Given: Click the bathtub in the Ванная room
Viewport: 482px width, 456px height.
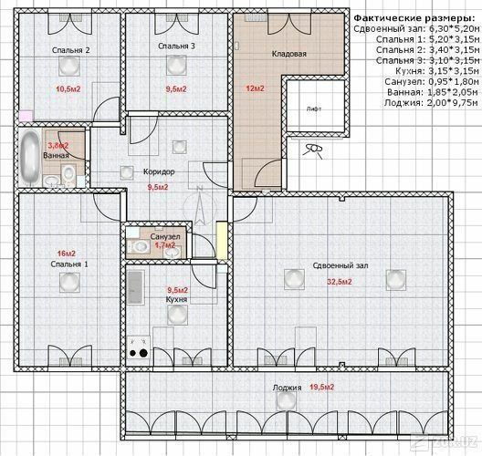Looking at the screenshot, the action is coord(30,158).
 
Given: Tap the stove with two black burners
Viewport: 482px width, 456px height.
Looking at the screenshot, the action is coord(139,347).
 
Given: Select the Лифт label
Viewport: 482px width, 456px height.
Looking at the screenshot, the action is coord(314,109).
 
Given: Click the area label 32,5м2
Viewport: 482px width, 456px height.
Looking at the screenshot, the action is coord(340,282).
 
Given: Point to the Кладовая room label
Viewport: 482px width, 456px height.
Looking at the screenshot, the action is coord(289,54).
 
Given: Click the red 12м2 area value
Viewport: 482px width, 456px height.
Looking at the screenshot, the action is coord(255,88).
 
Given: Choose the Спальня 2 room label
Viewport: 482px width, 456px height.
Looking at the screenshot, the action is coord(70,50).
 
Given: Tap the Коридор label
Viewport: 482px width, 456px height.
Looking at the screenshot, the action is coord(159,171).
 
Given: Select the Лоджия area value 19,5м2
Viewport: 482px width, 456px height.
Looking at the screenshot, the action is coord(321,387).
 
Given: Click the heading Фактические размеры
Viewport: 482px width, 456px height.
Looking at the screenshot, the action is coord(414,18).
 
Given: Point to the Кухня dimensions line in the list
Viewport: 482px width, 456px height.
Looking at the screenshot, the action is coord(436,71).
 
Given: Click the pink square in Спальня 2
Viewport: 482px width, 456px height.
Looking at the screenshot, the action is coord(26,116).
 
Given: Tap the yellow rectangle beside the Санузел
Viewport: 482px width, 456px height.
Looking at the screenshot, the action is coord(221,241).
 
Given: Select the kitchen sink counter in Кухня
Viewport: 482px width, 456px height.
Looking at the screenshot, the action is coord(135,288).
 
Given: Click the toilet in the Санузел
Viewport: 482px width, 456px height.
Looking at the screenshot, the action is coord(138,246).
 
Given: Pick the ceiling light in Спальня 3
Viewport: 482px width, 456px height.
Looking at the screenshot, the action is coord(176,65).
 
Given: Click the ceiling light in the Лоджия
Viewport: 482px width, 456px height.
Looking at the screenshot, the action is coord(287,400).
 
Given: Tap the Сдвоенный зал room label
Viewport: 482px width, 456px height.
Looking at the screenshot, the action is coord(341,266).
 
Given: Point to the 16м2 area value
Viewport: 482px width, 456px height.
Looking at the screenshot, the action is coord(67,254).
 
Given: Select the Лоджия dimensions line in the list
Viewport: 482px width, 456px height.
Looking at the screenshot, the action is coord(431,103).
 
